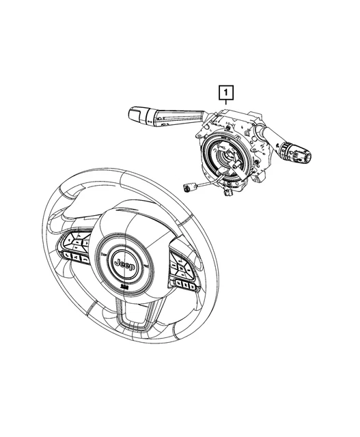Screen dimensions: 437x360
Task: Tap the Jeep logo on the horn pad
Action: coord(127,263)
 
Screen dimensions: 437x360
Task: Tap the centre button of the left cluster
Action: coord(80,246)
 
